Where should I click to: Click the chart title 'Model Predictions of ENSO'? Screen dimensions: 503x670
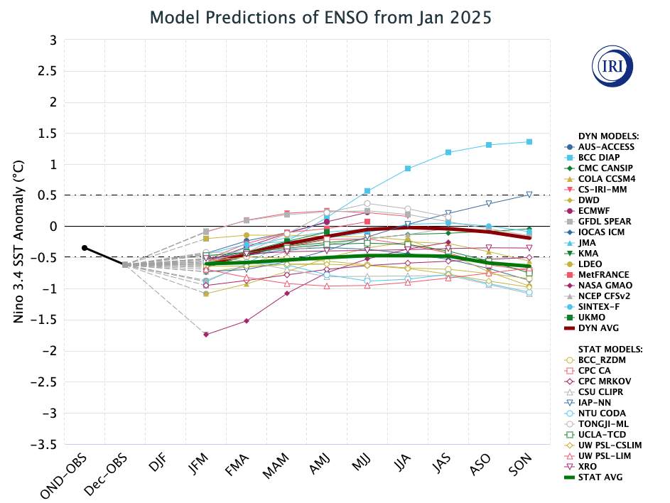tap(321, 18)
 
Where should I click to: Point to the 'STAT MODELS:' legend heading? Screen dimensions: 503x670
tap(610, 349)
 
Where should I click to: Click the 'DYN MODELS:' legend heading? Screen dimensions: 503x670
tap(609, 136)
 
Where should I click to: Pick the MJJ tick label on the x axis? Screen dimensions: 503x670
tap(360, 469)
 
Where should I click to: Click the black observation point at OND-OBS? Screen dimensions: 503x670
tap(85, 247)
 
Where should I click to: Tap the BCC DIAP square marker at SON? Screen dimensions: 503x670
tap(530, 142)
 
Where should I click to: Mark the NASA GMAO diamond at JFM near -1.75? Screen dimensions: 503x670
tap(206, 334)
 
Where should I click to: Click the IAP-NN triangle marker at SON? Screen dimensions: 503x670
tap(529, 195)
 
